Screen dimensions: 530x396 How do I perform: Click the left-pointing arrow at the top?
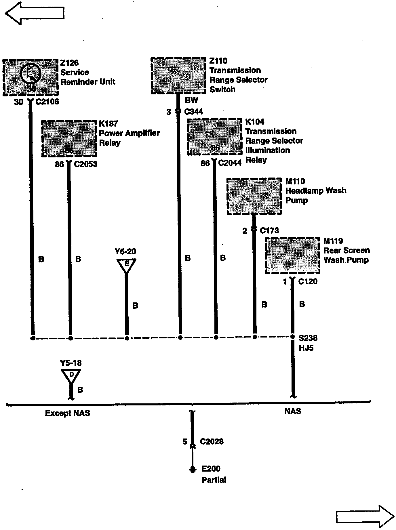(x=35, y=13)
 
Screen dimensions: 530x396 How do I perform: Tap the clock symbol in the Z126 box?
(x=31, y=73)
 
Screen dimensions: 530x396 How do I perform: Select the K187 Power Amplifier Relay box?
(x=69, y=139)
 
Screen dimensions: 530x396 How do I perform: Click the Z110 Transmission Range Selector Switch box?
(x=178, y=76)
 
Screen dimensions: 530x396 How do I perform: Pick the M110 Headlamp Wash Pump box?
(x=254, y=196)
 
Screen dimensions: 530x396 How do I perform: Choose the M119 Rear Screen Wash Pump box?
(x=292, y=256)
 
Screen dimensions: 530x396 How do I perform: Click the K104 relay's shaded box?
(x=215, y=137)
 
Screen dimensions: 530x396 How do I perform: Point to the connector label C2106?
(x=47, y=102)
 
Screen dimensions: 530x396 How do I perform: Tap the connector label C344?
(x=193, y=112)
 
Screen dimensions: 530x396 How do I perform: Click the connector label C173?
(x=269, y=231)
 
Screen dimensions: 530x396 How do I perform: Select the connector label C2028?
(x=212, y=441)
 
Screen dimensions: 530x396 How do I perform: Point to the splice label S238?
(x=308, y=338)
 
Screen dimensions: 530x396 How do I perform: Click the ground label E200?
(x=211, y=469)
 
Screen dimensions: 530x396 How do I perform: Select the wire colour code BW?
(x=191, y=100)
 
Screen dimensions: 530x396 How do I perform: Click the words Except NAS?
(x=68, y=413)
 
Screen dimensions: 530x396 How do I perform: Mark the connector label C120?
(x=308, y=281)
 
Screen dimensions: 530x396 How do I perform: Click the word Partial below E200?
(x=214, y=480)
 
